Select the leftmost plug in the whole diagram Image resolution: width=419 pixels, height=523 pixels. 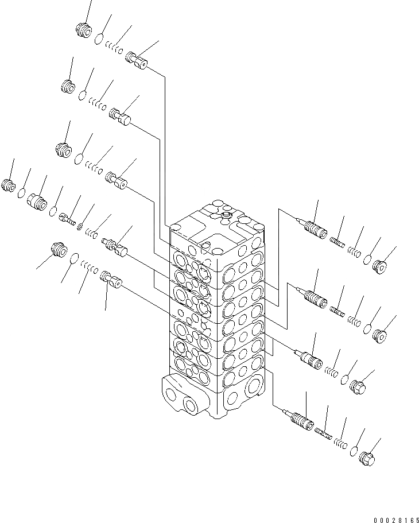point(8,185)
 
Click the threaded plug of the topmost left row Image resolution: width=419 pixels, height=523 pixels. point(84,29)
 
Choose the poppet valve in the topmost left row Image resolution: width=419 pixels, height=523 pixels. point(137,59)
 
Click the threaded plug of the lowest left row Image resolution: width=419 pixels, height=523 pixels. point(59,251)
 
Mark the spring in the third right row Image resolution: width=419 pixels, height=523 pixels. point(331,371)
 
